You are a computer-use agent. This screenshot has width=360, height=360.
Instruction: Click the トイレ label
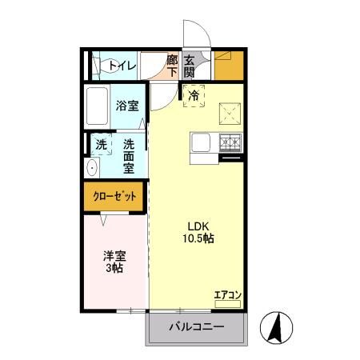pyautogui.click(x=122, y=66)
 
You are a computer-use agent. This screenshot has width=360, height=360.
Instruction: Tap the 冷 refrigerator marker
pyautogui.click(x=194, y=96)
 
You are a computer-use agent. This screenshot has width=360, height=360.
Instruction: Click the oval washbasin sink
pyautogui.click(x=92, y=168)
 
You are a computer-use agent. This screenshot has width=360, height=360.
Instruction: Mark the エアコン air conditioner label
pyautogui.click(x=227, y=295)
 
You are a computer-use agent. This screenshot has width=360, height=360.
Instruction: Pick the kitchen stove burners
pyautogui.click(x=230, y=143)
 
